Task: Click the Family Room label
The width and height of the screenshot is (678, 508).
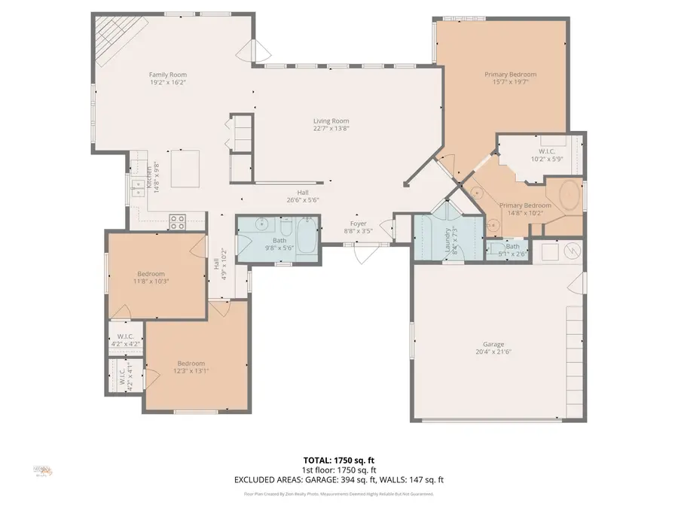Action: coord(167,75)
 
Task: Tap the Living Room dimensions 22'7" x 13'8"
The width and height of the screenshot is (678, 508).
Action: coord(331,129)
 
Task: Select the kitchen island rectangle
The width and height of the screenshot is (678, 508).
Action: coord(185,168)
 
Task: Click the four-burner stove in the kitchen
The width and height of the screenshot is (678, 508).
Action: coord(178,221)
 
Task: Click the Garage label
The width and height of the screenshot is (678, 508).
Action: coord(489,344)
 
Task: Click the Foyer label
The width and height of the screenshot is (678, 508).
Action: coord(357,224)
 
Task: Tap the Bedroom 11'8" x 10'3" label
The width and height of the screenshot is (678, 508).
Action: coord(151,274)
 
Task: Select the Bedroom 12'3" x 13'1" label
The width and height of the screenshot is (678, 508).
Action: coord(191,364)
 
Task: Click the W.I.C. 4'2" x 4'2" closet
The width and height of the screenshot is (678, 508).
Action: coord(125,341)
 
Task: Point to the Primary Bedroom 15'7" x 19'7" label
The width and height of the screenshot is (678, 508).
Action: coord(510,75)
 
